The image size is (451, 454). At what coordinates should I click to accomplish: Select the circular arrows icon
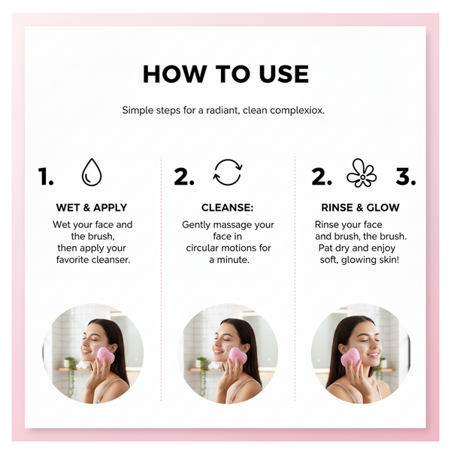coord(227,172)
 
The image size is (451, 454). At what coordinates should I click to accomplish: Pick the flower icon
coord(362,173)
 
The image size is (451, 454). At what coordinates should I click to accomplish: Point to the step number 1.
coord(46,177)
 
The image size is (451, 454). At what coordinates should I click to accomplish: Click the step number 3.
coord(406,177)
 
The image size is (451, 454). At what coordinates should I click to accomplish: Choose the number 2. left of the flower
coord(322,177)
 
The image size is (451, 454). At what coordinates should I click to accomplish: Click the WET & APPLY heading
coord(91,208)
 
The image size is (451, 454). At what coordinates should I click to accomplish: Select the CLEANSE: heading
coord(227,208)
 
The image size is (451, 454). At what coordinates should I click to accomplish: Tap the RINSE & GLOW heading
coord(360,208)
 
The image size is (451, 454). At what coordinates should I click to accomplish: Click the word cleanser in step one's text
coord(110,260)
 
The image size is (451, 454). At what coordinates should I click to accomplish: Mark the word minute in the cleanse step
coord(233,260)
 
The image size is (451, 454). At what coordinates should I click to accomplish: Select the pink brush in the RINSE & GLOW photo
coord(351,358)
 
